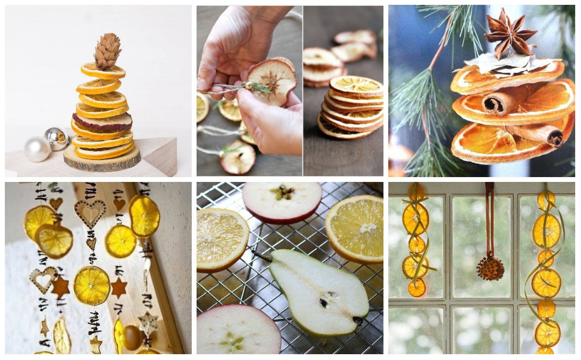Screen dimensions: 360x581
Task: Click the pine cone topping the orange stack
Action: point(107,50)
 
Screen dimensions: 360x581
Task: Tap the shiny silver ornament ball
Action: point(57,138)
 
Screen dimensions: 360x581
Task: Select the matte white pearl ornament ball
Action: point(37,149)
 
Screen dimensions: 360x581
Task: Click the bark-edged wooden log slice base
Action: point(102,161)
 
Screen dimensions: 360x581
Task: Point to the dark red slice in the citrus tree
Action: point(102,122)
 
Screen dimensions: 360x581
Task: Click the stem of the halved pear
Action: point(261,255)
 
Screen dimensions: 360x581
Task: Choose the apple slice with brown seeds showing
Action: point(282,201)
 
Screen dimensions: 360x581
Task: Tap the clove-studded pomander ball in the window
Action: point(490,269)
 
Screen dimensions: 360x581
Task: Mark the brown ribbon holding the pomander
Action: point(490,218)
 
